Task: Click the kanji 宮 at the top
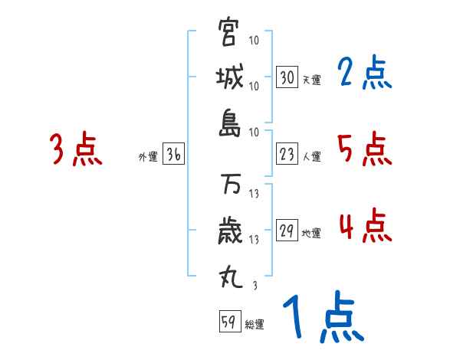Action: coord(229,33)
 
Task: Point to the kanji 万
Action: coord(229,185)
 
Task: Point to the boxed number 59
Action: coord(229,322)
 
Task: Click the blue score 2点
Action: coord(364,74)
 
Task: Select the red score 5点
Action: coord(364,149)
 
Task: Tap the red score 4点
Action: coord(364,226)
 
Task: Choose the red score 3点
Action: coord(76,149)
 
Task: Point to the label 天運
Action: coord(310,80)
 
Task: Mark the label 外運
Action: coord(147,157)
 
